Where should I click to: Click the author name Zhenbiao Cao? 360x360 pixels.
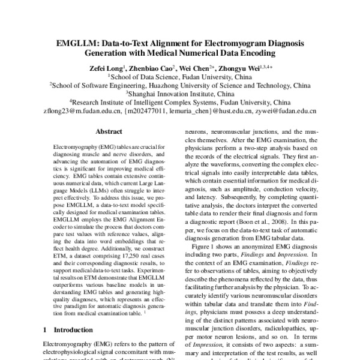(x=152, y=67)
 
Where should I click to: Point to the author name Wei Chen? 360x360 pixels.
(x=199, y=67)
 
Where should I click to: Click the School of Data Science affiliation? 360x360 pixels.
(x=179, y=77)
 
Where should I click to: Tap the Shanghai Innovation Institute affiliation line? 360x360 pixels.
(x=181, y=94)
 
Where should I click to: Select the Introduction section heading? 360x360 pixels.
(x=69, y=329)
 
